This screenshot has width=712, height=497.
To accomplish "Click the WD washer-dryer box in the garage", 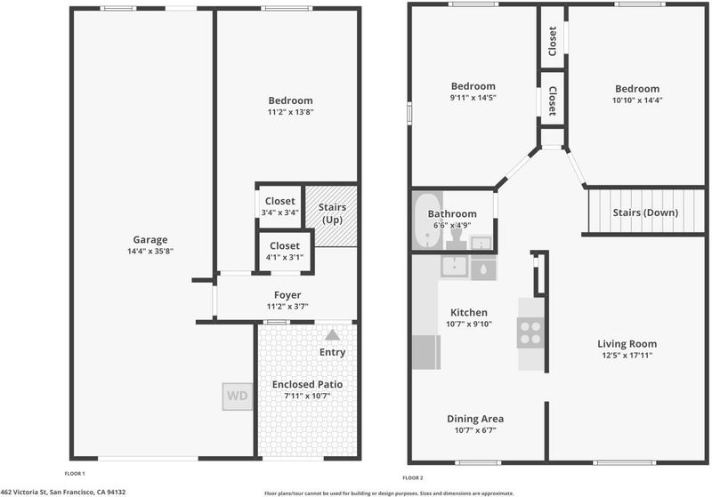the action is click(238, 397).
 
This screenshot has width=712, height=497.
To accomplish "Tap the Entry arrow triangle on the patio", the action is click(332, 335).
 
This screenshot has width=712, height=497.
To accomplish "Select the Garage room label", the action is click(150, 239).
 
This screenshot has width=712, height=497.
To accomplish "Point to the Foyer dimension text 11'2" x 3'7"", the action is click(287, 307).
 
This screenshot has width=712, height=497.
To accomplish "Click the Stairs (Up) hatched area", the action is click(331, 216).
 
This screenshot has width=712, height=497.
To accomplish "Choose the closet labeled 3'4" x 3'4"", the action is click(279, 207).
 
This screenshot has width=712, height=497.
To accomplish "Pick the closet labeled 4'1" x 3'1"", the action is click(284, 252).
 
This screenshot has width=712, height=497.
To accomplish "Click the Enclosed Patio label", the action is click(307, 384).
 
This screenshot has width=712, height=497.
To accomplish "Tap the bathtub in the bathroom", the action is click(427, 220).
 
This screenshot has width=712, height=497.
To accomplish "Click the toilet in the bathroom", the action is click(457, 237).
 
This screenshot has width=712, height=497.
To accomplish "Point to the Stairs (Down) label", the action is click(645, 212).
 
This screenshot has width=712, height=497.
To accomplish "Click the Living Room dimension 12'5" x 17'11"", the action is click(627, 355).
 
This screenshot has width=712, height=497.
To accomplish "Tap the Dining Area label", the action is click(475, 419).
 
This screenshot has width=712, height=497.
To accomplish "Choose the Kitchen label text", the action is click(469, 312).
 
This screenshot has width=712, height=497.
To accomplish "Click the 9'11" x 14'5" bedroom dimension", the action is click(473, 98).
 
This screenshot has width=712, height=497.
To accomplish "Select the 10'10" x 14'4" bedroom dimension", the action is click(637, 100).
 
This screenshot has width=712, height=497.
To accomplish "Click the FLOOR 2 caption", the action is click(413, 477).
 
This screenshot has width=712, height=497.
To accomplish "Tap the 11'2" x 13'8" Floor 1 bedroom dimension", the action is click(290, 112).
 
